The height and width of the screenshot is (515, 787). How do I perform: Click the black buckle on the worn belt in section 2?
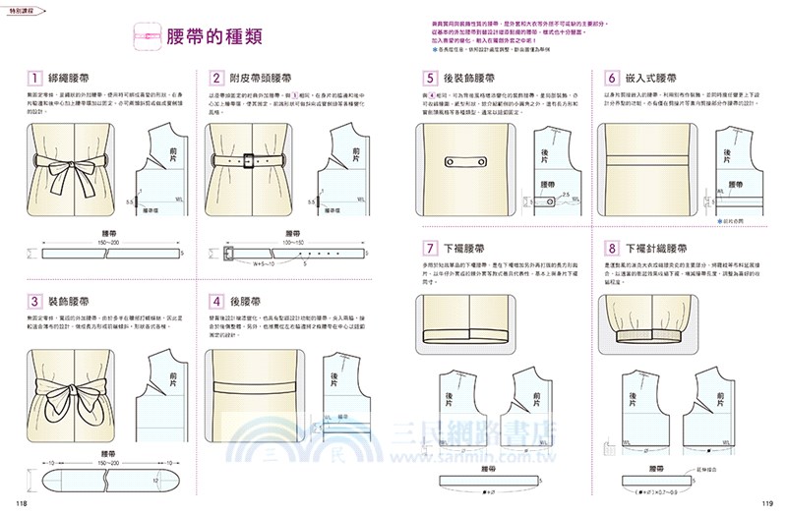[x=250, y=159]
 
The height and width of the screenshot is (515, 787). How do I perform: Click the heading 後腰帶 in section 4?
[x=247, y=302]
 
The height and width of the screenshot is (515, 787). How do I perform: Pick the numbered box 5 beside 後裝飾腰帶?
[x=430, y=78]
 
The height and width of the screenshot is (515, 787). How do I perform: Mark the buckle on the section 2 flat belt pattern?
[x=229, y=252]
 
